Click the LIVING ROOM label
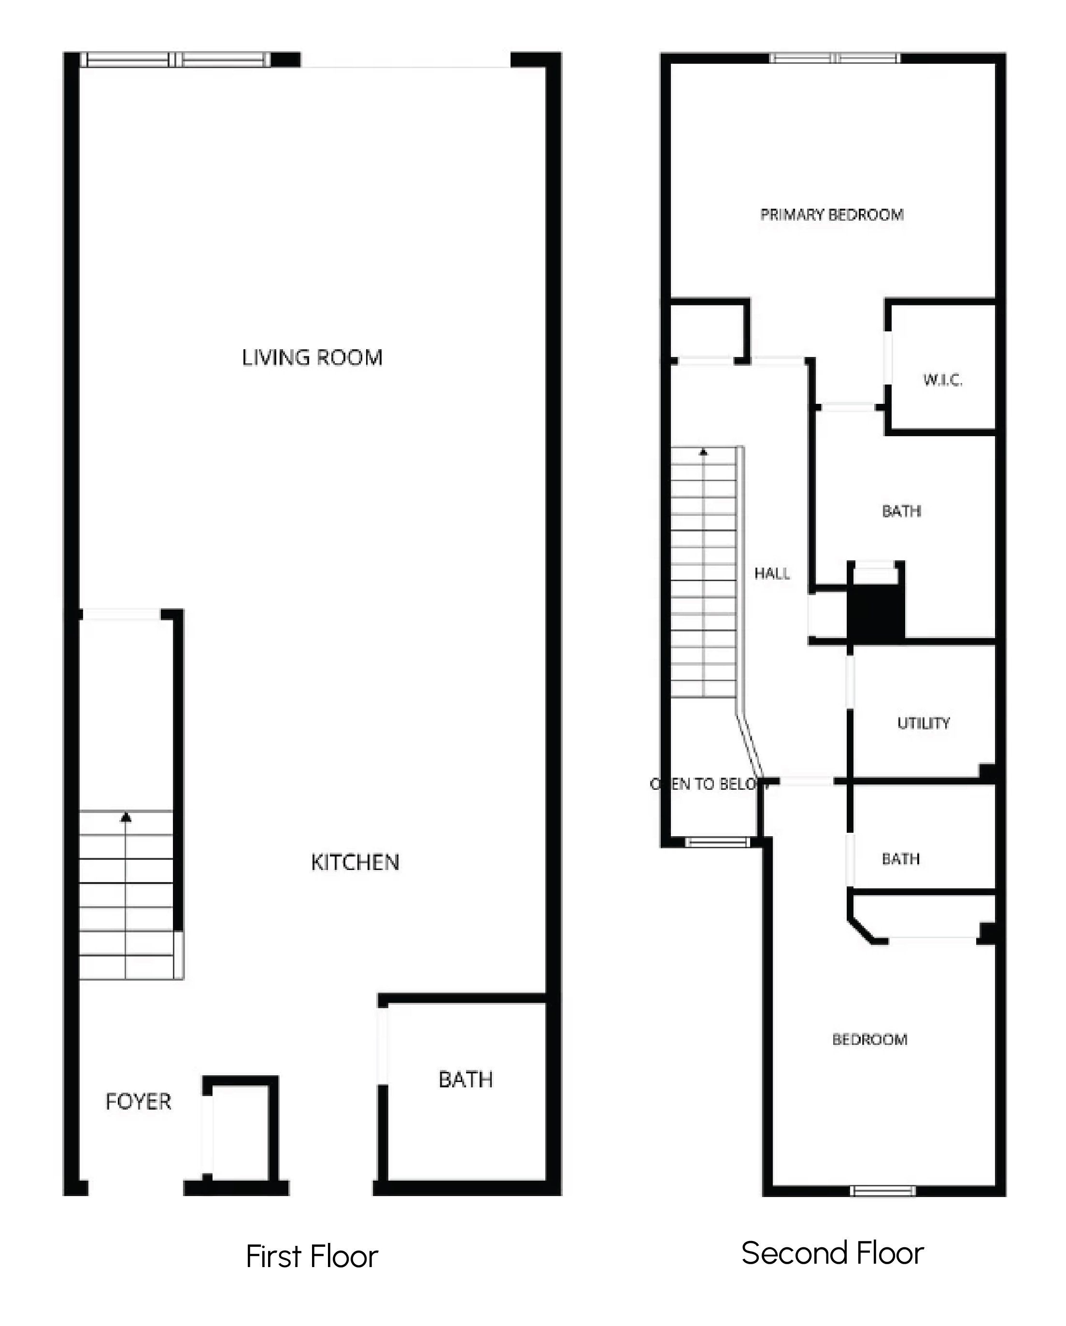312,357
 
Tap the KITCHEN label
355,862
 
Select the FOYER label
139,1101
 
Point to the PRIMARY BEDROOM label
832,214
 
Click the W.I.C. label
942,380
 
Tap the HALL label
772,573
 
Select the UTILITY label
924,723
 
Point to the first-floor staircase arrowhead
126,817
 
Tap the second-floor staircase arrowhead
704,452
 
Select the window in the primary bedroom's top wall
835,58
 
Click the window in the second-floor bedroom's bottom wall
882,1191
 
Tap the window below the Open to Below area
718,842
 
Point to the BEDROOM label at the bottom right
870,1040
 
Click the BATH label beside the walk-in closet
901,511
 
